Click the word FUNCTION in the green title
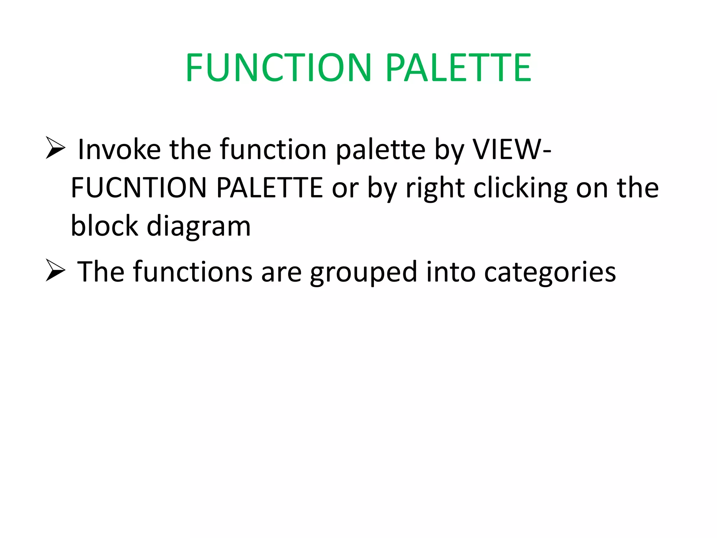[278, 67]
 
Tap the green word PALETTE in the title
[458, 67]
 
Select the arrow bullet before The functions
[55, 271]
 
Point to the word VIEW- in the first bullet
[511, 150]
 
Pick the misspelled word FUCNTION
[139, 188]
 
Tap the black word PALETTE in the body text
[269, 188]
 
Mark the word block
[104, 226]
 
